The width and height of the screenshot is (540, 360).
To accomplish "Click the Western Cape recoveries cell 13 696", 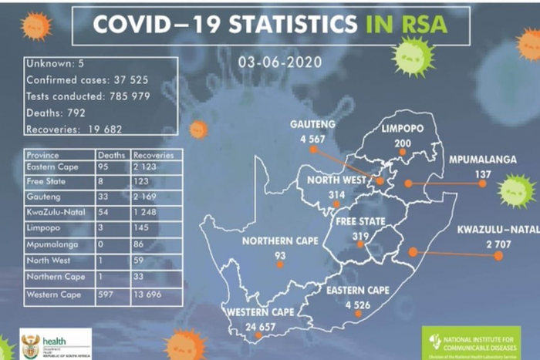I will (156, 294).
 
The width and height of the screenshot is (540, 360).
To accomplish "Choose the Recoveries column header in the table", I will (154, 154).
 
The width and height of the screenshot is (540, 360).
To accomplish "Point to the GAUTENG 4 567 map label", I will (312, 131).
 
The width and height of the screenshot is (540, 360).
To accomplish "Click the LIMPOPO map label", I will (402, 130).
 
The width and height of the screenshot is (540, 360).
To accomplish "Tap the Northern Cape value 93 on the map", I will (278, 254).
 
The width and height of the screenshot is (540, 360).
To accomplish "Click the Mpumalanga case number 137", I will (482, 174).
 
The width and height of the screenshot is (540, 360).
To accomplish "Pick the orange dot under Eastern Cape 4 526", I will (359, 318).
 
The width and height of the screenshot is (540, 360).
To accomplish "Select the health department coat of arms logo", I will (30, 344).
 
